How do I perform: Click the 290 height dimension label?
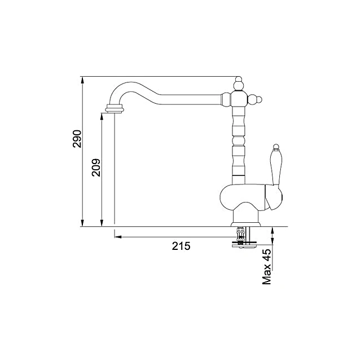point(77,139)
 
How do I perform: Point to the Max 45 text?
point(268,266)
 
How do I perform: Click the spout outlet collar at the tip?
point(113,109)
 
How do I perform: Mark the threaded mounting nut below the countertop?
point(240,232)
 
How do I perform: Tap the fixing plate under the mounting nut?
point(244,244)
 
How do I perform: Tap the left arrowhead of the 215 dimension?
point(117,237)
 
